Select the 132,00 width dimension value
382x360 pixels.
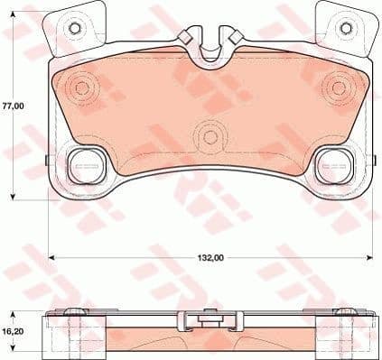click(x=209, y=258)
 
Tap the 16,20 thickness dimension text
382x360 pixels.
click(x=12, y=332)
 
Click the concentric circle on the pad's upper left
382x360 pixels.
click(x=82, y=88)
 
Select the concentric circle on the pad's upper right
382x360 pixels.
click(x=340, y=88)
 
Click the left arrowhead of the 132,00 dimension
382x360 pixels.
click(x=50, y=258)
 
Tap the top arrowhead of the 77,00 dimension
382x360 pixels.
click(x=13, y=19)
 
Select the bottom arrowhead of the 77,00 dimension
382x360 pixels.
click(x=13, y=197)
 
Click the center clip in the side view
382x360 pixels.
click(x=210, y=318)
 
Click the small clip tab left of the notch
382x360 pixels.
click(x=188, y=37)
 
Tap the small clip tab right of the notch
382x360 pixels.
click(x=232, y=37)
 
